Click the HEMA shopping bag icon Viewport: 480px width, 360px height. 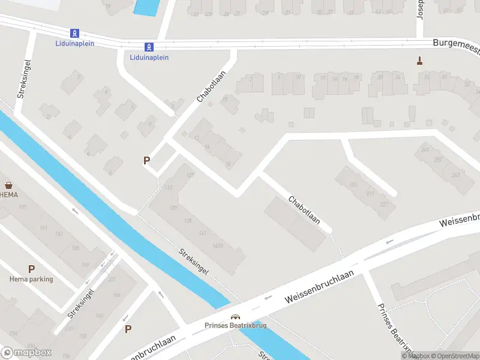[8, 185]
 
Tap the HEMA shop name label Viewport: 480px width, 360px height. [8, 195]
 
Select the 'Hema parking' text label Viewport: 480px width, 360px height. [31, 279]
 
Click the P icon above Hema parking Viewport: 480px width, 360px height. [31, 269]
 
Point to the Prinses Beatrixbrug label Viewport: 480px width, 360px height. [235, 326]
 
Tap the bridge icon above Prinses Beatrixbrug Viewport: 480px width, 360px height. [235, 317]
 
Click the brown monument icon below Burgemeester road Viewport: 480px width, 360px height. [419, 60]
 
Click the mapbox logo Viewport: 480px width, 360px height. [26, 352]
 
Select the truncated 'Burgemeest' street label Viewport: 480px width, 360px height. [456, 44]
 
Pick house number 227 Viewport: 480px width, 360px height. [383, 205]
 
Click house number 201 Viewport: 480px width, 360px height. [353, 184]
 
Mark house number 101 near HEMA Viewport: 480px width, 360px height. [23, 208]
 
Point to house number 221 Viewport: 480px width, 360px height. [112, 280]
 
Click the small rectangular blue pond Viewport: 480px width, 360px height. [145, 7]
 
